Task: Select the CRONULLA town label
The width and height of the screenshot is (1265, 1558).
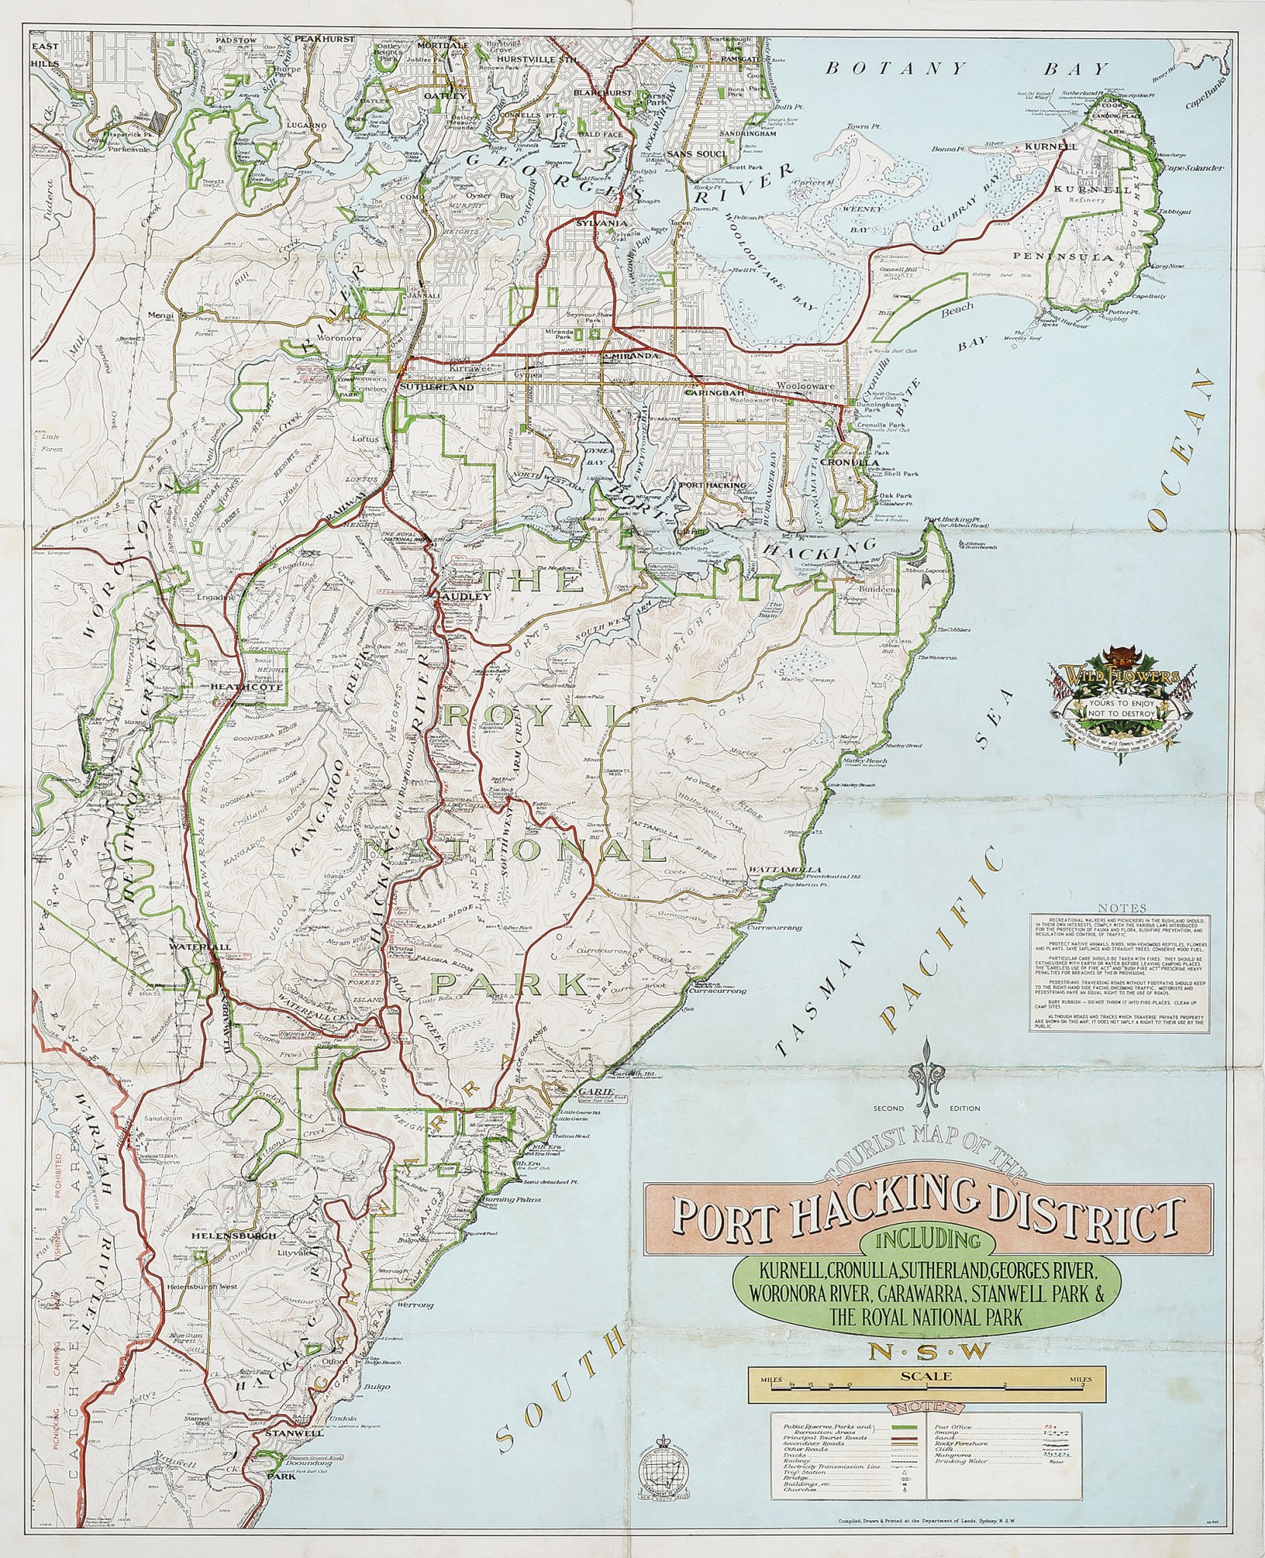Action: pos(854,462)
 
